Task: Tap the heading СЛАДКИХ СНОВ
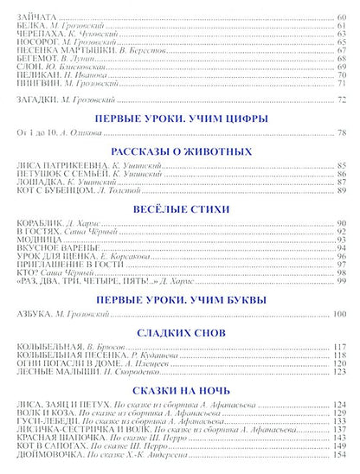click(x=179, y=331)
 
